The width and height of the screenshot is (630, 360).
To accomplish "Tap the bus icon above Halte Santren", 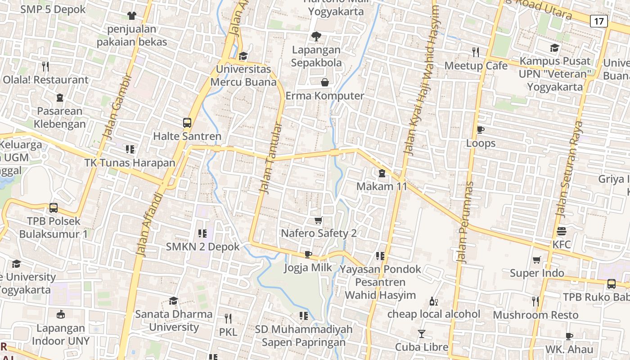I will [x=187, y=122].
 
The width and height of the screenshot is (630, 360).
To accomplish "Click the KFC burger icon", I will [x=561, y=232].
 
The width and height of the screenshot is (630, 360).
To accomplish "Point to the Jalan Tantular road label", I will [x=271, y=158].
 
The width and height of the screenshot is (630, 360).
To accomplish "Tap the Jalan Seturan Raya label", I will [x=569, y=169].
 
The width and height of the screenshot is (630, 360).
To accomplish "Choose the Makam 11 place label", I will [x=382, y=186].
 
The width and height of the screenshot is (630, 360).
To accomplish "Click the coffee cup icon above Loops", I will [x=480, y=130].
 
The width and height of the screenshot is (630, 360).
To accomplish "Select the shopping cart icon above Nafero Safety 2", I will [x=319, y=220].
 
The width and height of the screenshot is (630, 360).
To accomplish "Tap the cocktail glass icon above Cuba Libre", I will [x=421, y=334].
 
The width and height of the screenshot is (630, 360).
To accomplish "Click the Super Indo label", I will [x=536, y=273].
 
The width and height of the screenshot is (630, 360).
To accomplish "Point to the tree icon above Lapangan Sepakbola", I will [x=316, y=36].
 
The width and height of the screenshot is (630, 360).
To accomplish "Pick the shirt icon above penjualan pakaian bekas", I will [x=131, y=16].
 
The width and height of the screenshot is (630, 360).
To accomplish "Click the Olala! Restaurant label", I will [x=45, y=80].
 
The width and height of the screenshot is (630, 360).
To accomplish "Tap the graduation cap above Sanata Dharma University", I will [x=173, y=301].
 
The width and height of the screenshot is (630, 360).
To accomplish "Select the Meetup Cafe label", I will [x=476, y=66].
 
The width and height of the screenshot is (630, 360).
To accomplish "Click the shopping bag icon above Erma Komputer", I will [x=324, y=82].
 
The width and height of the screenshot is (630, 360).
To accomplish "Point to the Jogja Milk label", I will [x=308, y=268].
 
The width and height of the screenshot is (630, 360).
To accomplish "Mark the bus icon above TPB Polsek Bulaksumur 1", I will [x=54, y=208].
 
